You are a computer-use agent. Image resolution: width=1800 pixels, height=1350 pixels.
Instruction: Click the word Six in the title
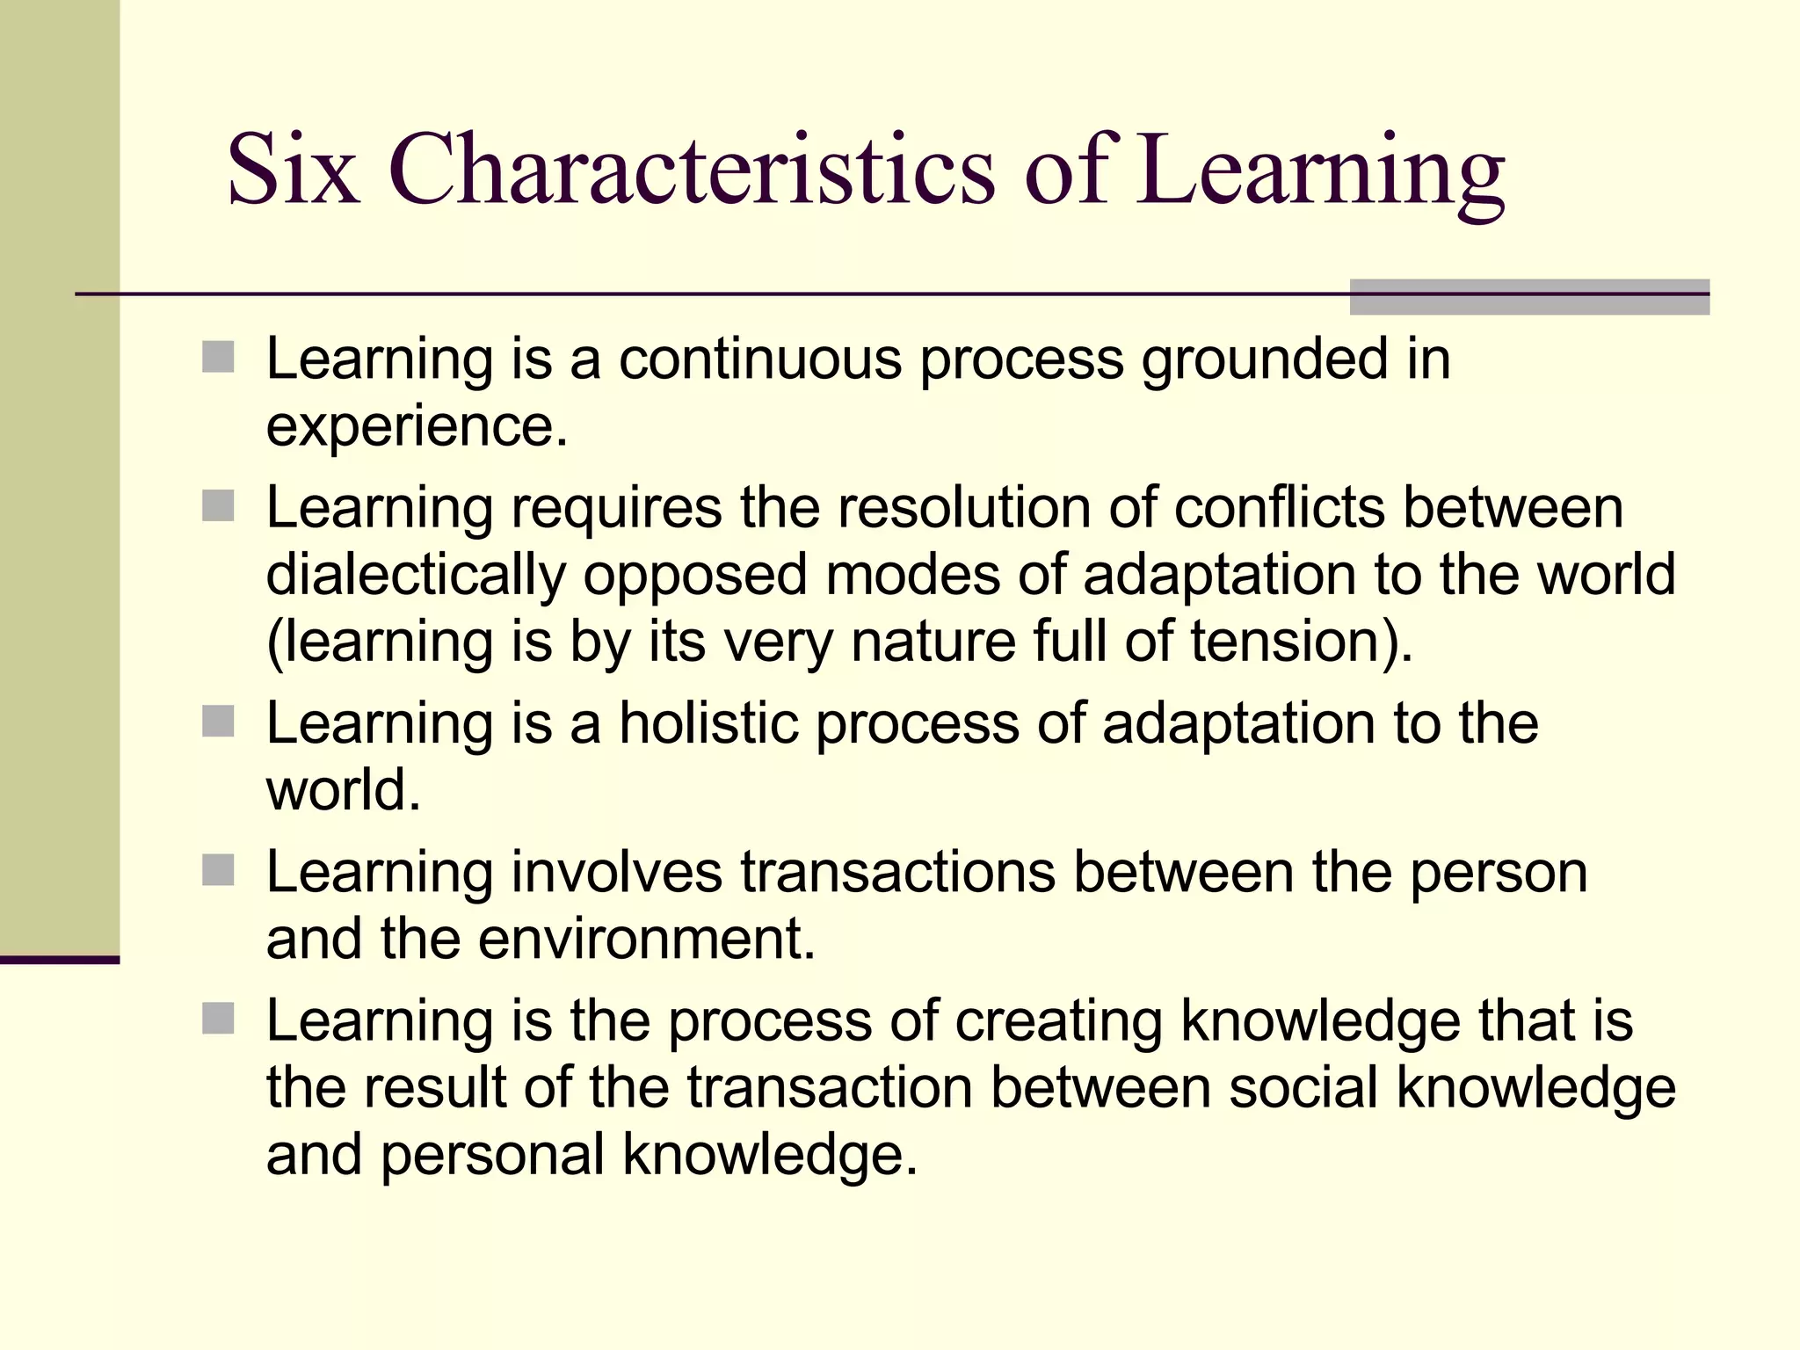294,169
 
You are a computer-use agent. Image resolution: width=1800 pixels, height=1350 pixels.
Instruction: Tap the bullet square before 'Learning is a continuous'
218,358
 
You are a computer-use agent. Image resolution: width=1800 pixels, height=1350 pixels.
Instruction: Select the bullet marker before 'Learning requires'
218,506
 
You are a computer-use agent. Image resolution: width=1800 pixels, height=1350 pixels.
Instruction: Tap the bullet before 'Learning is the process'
218,1020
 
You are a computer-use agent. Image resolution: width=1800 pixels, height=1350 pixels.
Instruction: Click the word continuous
760,359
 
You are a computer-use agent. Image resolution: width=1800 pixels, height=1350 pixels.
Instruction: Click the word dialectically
416,576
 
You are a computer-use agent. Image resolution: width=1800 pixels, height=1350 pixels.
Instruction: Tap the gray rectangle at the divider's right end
1528,297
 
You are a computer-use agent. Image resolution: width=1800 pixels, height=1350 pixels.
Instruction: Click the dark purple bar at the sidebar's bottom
59,960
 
